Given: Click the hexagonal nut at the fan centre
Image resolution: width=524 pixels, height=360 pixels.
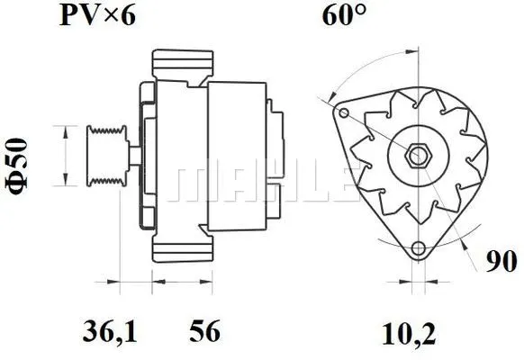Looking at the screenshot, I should [x=417, y=154].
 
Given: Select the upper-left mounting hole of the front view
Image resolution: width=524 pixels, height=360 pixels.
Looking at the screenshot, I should [x=343, y=112].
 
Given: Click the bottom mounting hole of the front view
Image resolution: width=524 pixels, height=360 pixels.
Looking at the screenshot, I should [x=417, y=249].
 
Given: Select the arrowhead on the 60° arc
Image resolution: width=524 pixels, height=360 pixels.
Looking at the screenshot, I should [x=332, y=92].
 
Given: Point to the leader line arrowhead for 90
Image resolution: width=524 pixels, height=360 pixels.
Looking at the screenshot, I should [x=468, y=241].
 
